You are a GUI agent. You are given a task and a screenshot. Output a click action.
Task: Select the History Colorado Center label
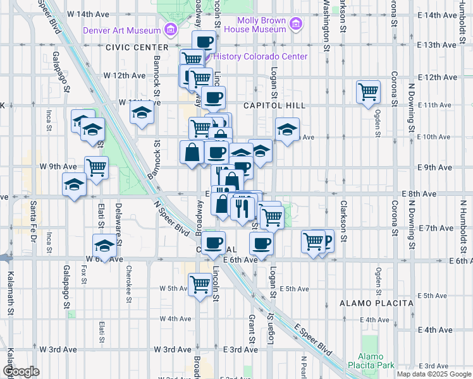(260, 56)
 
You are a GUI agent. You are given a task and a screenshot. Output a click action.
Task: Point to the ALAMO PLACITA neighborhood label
(377, 303)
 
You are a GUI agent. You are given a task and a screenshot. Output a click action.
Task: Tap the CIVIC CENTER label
(137, 47)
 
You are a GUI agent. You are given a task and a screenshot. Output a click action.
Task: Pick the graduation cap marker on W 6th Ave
(104, 245)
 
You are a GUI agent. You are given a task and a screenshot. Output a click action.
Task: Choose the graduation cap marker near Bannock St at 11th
(142, 114)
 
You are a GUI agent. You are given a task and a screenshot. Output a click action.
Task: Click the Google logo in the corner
(20, 371)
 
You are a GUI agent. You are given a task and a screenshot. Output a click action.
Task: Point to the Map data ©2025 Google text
(434, 374)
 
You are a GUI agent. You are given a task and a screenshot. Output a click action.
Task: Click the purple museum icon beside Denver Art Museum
(169, 29)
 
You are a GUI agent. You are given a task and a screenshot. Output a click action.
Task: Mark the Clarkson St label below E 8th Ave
(343, 222)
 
